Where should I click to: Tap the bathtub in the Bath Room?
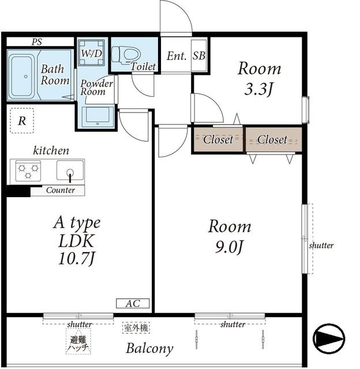(x=22, y=76)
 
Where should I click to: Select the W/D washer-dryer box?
(x=91, y=52)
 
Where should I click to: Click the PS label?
(x=37, y=42)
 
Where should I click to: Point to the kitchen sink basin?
(x=70, y=170)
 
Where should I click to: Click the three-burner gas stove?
(x=28, y=171)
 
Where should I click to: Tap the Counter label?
(x=61, y=190)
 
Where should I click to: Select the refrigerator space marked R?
(x=22, y=121)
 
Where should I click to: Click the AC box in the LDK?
(x=133, y=304)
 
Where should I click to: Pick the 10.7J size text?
(x=76, y=259)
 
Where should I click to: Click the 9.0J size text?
(x=229, y=247)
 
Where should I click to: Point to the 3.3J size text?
(x=258, y=89)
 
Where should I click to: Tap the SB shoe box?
(x=199, y=55)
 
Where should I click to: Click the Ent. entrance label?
(x=177, y=56)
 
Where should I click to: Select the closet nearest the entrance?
(x=218, y=140)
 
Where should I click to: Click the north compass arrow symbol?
(x=329, y=338)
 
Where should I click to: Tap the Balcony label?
(x=150, y=349)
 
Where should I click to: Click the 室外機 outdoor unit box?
(x=136, y=327)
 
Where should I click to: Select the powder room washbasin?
(x=97, y=116)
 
